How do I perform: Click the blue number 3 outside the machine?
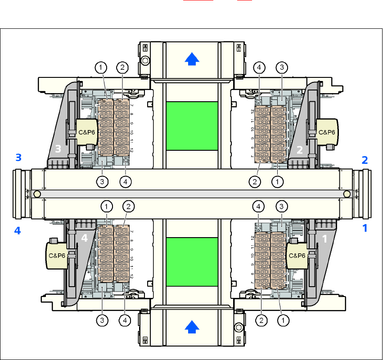point(18,158)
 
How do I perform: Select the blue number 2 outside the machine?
point(365,160)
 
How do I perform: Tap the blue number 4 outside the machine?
point(18,231)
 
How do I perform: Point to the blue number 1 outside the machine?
point(365,229)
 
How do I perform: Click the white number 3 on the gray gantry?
point(58,149)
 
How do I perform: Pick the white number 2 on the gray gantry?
point(300,150)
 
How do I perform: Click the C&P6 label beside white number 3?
point(86,132)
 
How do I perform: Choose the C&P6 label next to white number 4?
point(57,255)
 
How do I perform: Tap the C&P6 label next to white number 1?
point(297,255)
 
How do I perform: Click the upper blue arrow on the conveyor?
point(192,58)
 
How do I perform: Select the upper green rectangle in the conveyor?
point(192,126)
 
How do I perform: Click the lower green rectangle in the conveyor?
point(192,261)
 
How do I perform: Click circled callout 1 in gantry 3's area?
point(101,68)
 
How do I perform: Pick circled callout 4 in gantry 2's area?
point(259,68)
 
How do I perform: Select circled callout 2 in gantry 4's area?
point(128,207)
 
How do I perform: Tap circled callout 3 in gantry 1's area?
point(282,207)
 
